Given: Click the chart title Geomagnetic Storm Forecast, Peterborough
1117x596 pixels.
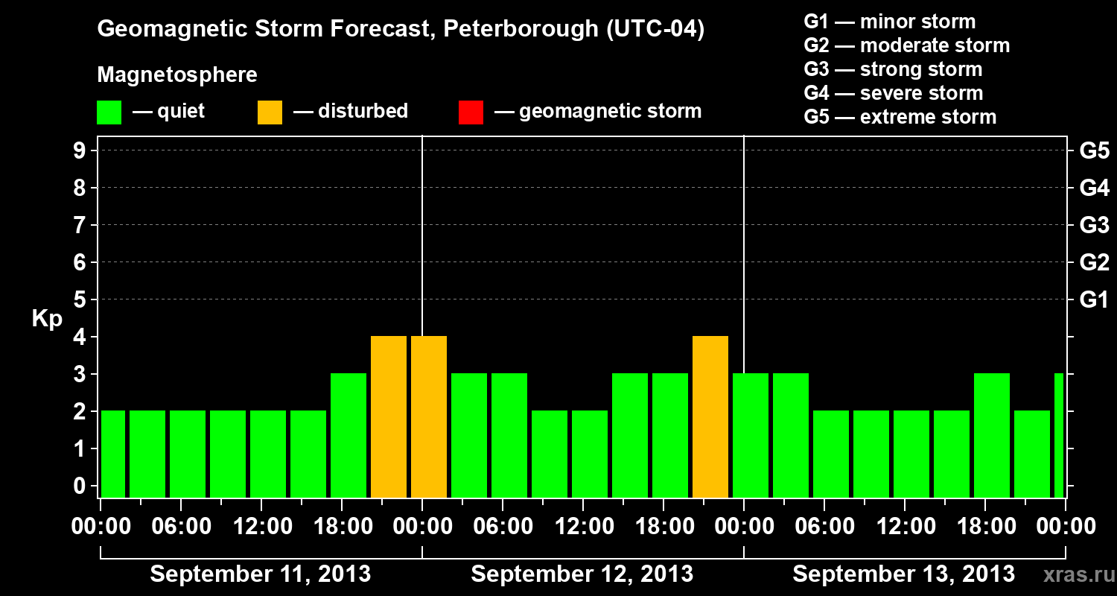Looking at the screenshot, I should point(401,29).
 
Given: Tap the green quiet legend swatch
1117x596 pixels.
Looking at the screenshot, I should point(109,112).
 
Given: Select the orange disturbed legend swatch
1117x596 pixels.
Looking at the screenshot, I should point(270,112).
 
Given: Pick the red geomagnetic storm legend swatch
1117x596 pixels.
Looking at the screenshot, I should point(471,112).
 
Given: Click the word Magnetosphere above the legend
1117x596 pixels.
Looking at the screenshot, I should point(177,75).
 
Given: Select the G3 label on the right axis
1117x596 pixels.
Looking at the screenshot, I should point(1094,225).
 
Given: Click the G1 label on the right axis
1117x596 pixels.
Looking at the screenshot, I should point(1094,300).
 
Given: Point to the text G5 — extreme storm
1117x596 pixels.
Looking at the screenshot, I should point(900,117).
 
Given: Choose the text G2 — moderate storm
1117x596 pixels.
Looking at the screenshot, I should point(906,45).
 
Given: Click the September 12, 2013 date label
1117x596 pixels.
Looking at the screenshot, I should point(582,574).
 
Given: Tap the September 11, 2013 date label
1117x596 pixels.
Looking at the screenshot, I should point(261,574).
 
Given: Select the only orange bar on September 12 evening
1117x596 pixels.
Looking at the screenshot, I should point(710,417).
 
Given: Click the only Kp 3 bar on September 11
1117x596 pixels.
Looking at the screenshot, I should point(349,436).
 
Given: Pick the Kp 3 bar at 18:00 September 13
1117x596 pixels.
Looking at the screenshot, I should point(992,436).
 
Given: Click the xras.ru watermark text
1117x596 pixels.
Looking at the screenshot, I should point(1073,574).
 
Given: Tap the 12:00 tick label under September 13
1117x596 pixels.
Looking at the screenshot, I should point(904,527).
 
